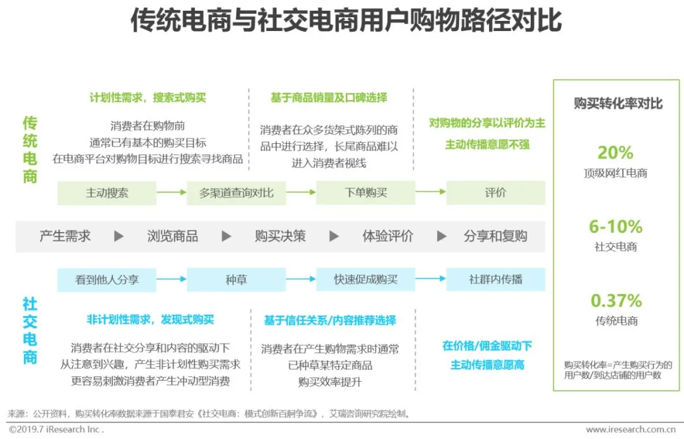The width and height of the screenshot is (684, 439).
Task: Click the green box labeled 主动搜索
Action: coord(106,193)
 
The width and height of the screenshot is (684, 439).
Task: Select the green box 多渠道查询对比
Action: coord(236,193)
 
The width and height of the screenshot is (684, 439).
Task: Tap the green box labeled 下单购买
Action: coord(365,193)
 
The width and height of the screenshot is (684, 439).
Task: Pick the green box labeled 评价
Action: coord(495,193)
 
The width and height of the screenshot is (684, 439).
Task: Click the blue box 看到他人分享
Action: coord(106,279)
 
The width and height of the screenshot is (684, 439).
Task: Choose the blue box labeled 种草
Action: coord(236,279)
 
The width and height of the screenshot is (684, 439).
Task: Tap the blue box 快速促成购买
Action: coord(365,279)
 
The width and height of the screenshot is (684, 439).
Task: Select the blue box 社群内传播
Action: coord(495,279)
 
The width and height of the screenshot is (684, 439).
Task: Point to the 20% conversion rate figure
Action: coord(615,153)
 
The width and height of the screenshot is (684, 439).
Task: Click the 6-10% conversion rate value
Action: coord(615,227)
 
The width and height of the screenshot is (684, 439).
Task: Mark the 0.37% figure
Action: coord(616,300)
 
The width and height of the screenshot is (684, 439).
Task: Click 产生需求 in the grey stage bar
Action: coord(65,236)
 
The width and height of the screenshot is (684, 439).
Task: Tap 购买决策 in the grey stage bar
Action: coord(280,236)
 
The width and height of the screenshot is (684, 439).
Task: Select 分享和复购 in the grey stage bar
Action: coord(495,236)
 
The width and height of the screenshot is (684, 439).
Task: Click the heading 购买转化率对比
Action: coord(617,103)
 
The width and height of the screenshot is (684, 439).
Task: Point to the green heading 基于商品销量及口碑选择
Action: coord(329,98)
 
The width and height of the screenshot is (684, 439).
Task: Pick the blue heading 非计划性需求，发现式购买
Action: coord(150,320)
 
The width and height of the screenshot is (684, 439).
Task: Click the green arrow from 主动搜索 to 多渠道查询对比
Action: coord(171,192)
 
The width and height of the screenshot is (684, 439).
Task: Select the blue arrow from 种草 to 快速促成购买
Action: coord(300,279)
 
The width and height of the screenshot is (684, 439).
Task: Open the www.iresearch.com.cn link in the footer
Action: coord(634,429)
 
